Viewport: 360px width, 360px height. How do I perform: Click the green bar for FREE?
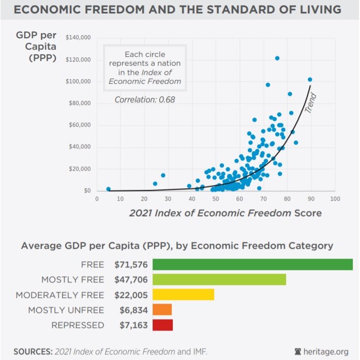252,264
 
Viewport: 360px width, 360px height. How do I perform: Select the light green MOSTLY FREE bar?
219,280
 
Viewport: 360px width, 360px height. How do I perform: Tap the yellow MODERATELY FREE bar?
183,295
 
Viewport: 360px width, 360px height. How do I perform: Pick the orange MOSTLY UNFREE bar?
162,310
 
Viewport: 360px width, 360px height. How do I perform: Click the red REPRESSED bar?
162,325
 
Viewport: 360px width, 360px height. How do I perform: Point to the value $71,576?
131,264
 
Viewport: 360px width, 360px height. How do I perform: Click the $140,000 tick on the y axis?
79,38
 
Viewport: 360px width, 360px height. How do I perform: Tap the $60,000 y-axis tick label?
80,125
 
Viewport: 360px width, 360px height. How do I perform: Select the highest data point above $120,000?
277,58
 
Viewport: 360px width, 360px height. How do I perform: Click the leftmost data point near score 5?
108,189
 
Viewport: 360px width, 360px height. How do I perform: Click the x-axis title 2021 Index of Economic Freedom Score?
225,213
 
